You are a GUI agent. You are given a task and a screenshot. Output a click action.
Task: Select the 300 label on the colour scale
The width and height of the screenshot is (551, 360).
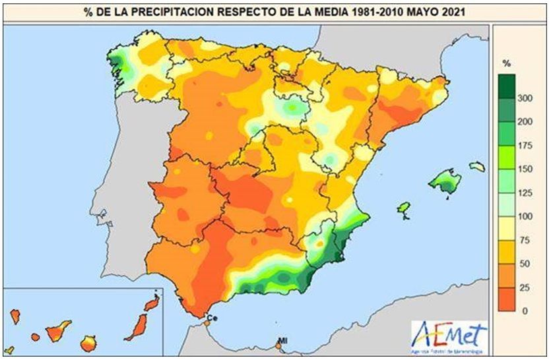[525, 99]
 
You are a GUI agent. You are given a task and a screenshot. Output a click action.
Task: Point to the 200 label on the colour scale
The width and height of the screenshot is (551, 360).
[525, 123]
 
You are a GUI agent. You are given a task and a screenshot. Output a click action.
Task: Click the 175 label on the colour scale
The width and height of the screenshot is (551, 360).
[525, 146]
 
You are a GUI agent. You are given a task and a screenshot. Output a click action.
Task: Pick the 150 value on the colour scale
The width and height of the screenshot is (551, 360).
[525, 169]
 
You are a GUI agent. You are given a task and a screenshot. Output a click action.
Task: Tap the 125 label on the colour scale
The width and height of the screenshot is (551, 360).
[525, 193]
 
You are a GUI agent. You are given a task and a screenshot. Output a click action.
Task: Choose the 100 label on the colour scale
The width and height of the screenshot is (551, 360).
[525, 216]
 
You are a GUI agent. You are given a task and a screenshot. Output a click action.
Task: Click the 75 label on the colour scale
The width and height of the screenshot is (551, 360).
[525, 240]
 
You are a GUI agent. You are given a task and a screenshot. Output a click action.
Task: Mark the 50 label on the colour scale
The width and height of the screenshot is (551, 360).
[525, 264]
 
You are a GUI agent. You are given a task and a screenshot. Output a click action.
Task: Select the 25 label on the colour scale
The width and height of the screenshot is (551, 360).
[525, 287]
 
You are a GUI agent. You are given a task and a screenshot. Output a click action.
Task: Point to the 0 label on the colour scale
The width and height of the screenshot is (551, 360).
[525, 311]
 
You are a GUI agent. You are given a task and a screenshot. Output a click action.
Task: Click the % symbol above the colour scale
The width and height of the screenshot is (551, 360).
[507, 63]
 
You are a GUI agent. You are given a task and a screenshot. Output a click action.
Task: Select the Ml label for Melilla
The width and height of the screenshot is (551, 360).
[283, 340]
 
